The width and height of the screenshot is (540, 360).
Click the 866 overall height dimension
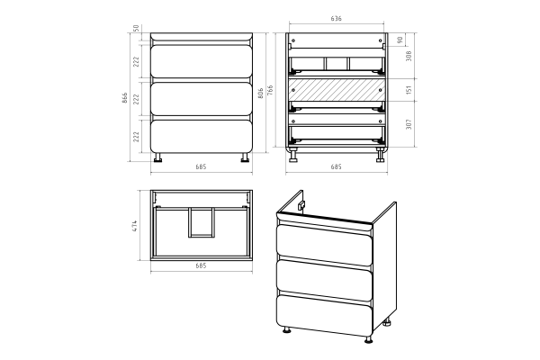coord(125,97)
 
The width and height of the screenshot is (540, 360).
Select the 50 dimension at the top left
coord(136,28)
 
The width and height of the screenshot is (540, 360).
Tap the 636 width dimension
coord(336,19)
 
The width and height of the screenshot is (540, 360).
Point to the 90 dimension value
coord(400,40)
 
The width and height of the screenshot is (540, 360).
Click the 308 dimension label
coord(409,56)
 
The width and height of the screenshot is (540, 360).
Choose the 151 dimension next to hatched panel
coord(409,90)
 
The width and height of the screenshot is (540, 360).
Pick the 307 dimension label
coord(409,124)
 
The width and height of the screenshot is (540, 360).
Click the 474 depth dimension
coord(135,226)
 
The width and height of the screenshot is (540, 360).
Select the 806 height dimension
coord(261,93)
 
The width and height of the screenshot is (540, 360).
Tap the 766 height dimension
coord(270,90)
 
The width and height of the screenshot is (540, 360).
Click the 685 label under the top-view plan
coord(201,265)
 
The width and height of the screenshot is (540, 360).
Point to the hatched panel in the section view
coord(337,90)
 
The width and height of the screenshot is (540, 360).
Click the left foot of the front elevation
coord(158,157)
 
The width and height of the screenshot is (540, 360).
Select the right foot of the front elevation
coord(245,157)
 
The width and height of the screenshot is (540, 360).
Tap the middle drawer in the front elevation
coord(202,99)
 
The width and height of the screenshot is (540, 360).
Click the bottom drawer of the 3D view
coord(324,316)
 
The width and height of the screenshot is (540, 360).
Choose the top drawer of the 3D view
coord(324,245)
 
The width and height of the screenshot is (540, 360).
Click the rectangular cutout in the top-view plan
coord(202,222)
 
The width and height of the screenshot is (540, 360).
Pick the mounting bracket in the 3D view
coord(301,205)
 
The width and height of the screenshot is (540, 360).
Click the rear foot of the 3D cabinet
coord(388,323)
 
